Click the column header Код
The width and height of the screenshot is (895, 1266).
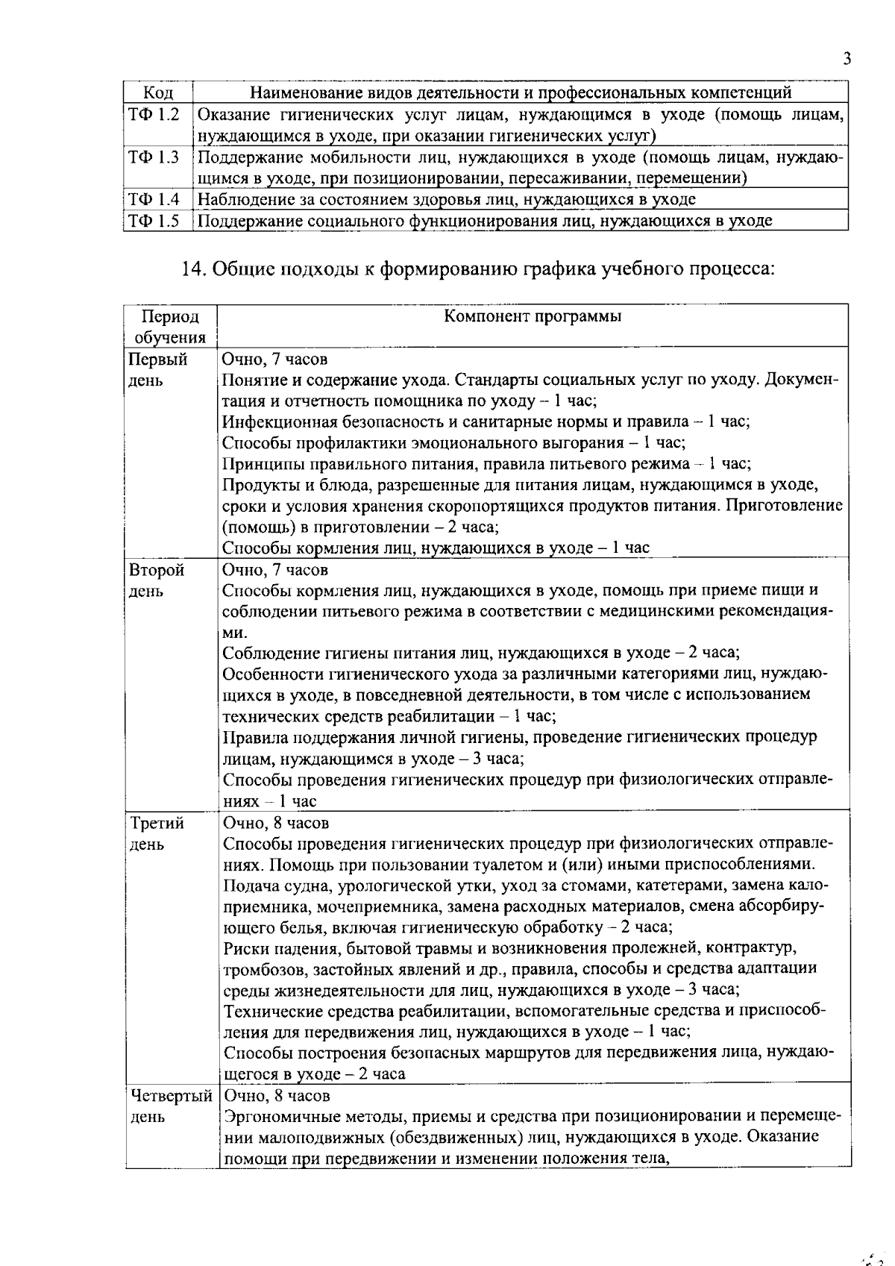click(x=157, y=93)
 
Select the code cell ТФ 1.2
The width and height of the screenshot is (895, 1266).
click(x=154, y=114)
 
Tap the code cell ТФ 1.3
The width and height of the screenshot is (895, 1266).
click(x=154, y=157)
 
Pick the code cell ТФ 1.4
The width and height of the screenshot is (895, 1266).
click(x=154, y=199)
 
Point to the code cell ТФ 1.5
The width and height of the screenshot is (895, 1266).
click(x=154, y=220)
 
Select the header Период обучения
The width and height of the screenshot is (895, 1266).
click(x=170, y=327)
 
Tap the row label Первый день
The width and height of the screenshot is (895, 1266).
click(x=158, y=369)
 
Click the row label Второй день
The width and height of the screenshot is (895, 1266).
click(x=157, y=580)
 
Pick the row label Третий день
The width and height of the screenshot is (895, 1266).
click(x=157, y=833)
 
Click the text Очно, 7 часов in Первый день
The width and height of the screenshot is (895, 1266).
click(x=275, y=359)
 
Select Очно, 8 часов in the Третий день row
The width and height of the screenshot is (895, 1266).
click(x=276, y=823)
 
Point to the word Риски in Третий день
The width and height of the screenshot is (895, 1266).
click(x=243, y=948)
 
